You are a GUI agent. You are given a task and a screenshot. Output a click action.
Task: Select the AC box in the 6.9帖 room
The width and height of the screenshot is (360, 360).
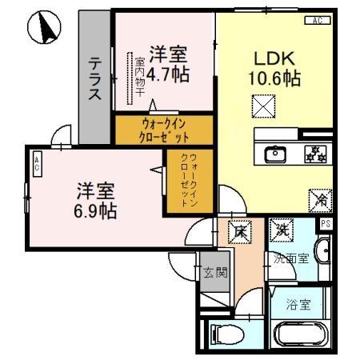tap(37, 165)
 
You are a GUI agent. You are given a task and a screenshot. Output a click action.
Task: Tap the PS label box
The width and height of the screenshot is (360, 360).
tap(326, 224)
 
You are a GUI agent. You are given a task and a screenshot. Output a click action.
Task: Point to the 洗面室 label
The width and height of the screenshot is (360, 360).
tap(289, 258)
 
